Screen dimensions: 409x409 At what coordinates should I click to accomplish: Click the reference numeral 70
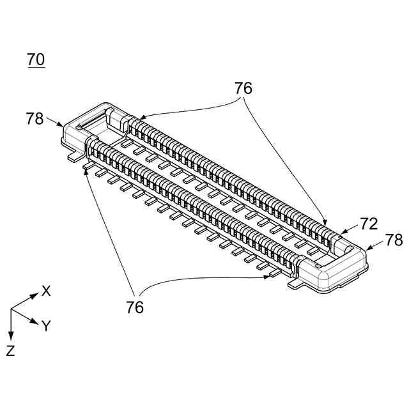[x=36, y=60]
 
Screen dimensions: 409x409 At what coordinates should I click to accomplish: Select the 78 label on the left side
[x=35, y=119]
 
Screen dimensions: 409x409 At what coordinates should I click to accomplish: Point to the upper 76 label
[x=243, y=89]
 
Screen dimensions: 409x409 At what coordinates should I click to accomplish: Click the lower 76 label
[x=134, y=307]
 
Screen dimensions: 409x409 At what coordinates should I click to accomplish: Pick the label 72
[x=369, y=224]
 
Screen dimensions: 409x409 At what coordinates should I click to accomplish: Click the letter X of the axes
[x=46, y=291]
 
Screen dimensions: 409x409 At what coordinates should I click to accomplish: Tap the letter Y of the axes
[x=46, y=326]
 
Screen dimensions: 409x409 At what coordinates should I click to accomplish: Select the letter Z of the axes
[x=10, y=350]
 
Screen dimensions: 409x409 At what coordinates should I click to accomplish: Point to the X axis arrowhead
[x=36, y=296]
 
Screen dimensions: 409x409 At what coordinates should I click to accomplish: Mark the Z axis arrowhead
[x=11, y=336]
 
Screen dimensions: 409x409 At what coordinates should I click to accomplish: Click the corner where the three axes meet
[x=11, y=309]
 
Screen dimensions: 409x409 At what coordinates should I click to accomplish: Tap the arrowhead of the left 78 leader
[x=63, y=127]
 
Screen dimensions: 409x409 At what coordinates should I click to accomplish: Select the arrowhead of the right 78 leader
[x=366, y=248]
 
